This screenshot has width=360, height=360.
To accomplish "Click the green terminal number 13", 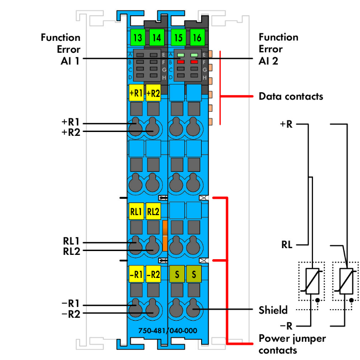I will click(137, 37).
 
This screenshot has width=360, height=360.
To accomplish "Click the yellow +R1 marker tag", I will click(136, 93).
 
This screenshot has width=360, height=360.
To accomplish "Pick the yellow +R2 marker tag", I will click(153, 93).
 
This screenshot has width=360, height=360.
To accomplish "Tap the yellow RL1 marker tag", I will click(136, 211).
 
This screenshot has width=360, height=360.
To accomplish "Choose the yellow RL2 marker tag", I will click(153, 211).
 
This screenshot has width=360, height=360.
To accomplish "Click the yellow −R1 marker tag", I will click(136, 275).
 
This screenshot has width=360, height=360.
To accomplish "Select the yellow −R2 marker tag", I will click(153, 275).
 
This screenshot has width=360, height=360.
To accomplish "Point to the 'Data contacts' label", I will click(291, 96).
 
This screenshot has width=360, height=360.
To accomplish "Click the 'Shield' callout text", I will click(273, 310).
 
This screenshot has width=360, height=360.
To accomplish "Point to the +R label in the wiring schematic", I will click(287, 124).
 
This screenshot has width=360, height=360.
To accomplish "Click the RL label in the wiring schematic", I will click(288, 244).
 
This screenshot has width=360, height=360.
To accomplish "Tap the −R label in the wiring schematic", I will click(287, 326).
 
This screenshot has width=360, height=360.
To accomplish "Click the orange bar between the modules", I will click(165, 235).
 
